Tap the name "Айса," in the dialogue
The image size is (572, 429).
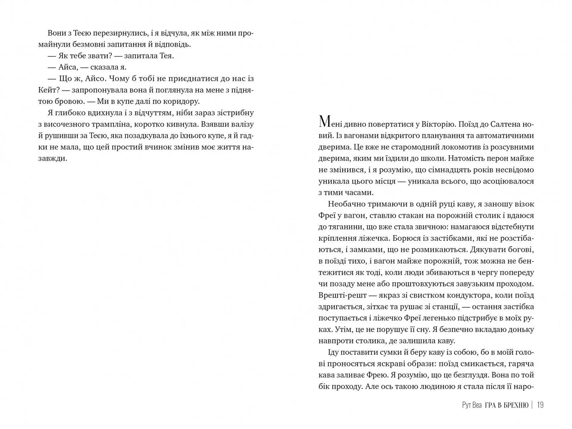tap(68, 67)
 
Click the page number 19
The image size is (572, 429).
tap(540, 405)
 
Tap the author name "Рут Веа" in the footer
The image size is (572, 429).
tap(472, 405)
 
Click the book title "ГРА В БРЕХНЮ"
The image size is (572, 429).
tap(506, 405)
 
